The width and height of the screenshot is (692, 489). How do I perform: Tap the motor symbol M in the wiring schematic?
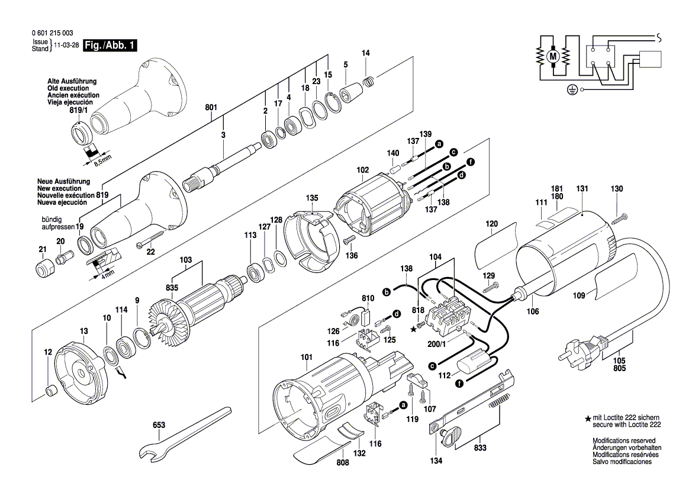[x=553, y=56]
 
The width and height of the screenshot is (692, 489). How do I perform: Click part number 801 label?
[x=211, y=107]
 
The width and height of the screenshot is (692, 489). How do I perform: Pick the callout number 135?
[x=311, y=198]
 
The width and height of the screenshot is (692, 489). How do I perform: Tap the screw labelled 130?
[x=619, y=218]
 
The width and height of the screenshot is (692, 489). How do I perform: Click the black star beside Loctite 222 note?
[x=587, y=419]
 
